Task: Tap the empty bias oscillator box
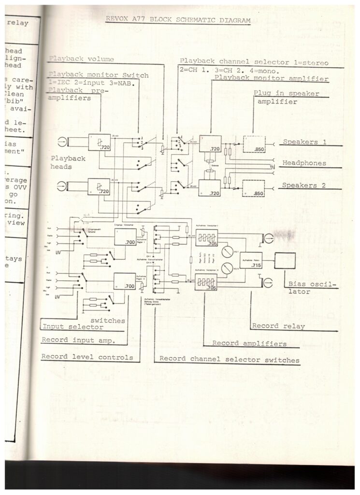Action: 285,261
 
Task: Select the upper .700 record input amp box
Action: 125,237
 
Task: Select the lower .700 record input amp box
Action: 125,281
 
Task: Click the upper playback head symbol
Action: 63,142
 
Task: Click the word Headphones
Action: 304,163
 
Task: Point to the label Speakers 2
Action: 307,185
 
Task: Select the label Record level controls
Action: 87,357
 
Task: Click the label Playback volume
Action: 81,59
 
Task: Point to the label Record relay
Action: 279,326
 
